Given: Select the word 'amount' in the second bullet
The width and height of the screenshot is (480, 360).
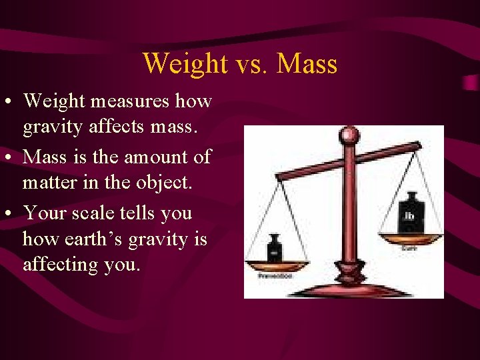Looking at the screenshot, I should (155, 157).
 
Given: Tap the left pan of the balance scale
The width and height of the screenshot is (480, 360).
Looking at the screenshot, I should (275, 265).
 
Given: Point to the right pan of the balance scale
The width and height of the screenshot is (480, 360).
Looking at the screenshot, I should (409, 237).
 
